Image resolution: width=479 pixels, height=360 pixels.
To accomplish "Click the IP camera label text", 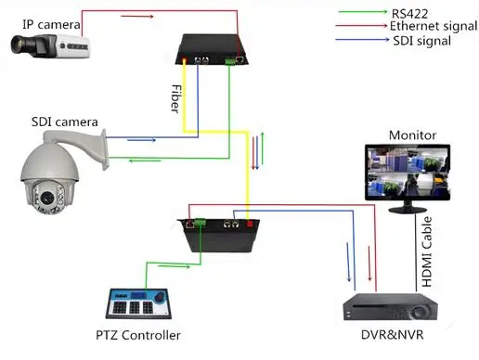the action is (51, 24).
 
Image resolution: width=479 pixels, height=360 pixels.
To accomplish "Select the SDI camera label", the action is (65, 122).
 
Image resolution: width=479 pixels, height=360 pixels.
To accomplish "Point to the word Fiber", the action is (175, 98).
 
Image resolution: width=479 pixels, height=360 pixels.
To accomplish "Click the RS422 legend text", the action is (409, 14).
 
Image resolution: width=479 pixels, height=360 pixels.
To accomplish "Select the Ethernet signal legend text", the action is (434, 26).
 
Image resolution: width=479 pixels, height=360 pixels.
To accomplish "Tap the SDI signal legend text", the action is (421, 41).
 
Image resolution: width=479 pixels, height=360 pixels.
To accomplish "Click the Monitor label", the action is (412, 135).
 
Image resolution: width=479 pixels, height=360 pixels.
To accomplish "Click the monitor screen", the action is (408, 172).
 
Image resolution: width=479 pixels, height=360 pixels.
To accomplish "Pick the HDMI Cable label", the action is (427, 251).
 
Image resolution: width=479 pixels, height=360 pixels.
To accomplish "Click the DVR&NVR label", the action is (393, 335).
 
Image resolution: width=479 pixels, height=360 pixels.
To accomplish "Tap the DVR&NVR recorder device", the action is (390, 307).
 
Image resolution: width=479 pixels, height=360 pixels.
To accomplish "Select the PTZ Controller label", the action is (138, 335).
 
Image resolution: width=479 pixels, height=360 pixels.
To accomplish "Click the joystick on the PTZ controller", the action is (160, 297).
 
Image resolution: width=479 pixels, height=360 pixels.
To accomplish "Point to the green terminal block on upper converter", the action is (230, 60).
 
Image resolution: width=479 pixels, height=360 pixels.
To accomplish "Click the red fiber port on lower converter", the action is (250, 224).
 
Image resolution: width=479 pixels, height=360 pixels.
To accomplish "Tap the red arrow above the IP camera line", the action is (137, 17).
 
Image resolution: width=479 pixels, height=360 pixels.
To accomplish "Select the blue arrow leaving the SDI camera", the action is (142, 140).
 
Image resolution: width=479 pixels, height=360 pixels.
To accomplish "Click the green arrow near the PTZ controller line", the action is (174, 266).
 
